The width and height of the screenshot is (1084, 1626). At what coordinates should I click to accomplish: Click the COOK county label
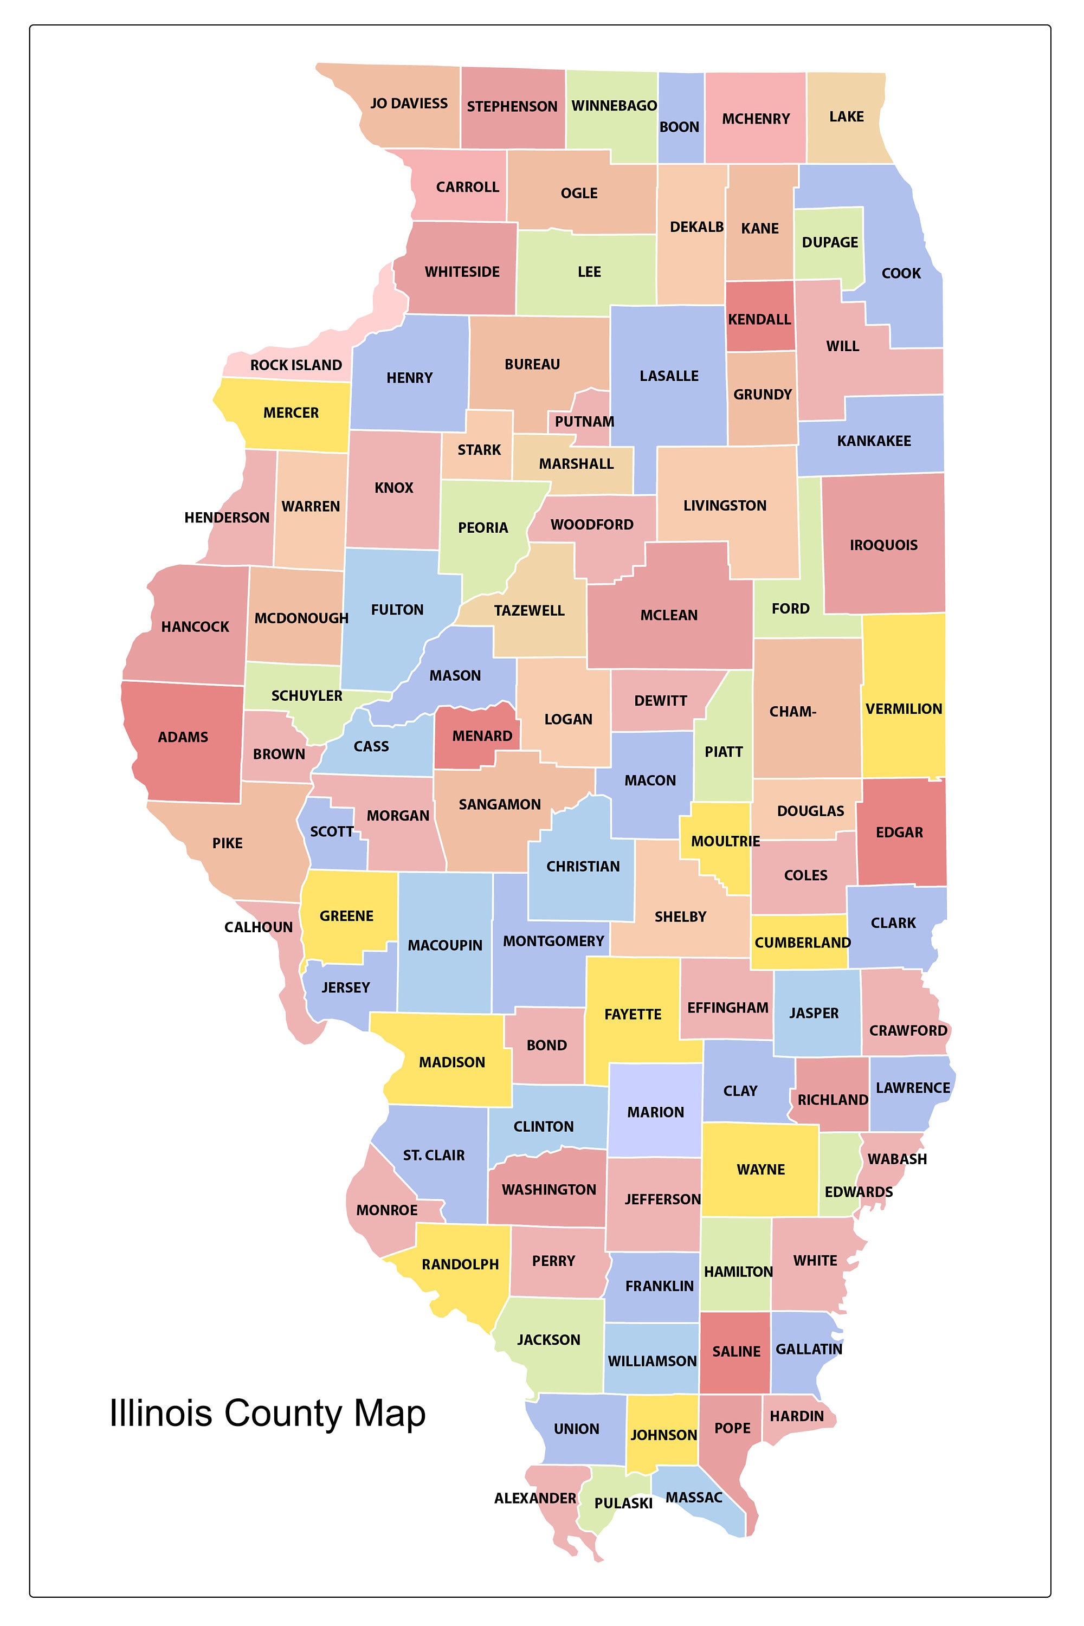coord(901,273)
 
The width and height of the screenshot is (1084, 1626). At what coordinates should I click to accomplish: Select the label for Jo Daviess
coord(409,104)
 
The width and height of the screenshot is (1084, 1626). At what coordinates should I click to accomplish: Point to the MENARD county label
coord(482,736)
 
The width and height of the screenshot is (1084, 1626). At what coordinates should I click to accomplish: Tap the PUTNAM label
coord(584,422)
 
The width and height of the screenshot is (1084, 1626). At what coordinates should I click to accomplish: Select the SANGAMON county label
coord(500,805)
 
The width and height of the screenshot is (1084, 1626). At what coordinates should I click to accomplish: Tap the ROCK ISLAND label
coord(296,365)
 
